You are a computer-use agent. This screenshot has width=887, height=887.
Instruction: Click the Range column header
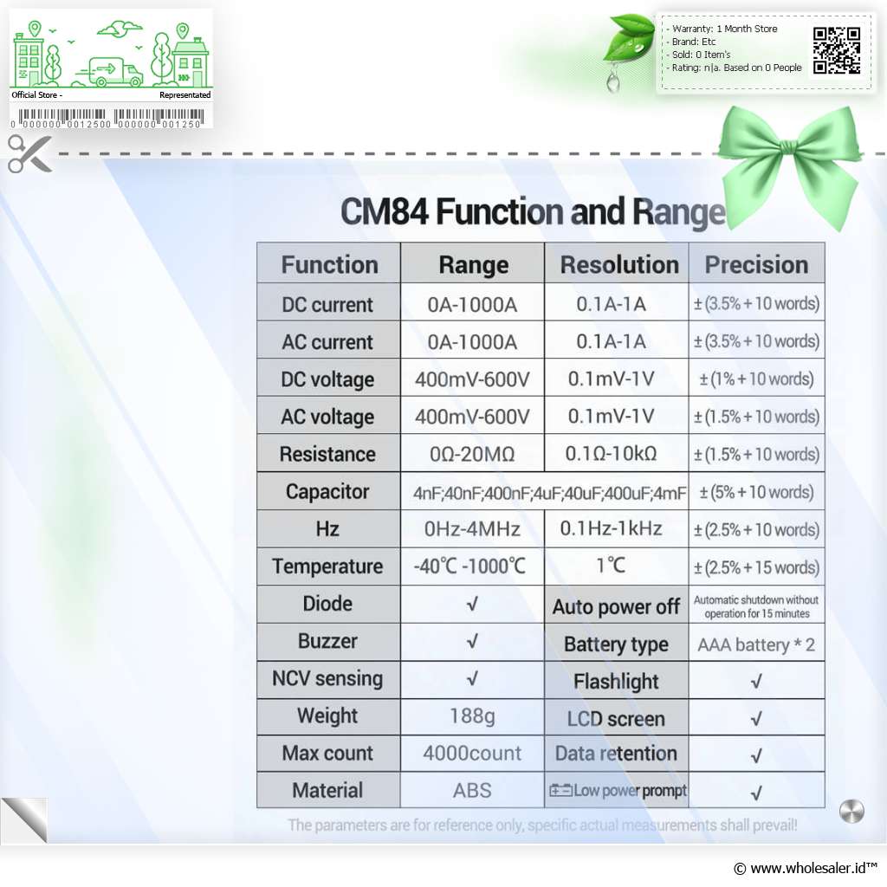pyautogui.click(x=474, y=265)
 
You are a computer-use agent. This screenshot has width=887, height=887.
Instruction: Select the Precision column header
pyautogui.click(x=756, y=265)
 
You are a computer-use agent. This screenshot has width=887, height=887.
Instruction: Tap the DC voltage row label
pyautogui.click(x=327, y=379)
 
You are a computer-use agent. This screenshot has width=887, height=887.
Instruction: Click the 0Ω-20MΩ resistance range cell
pyautogui.click(x=472, y=454)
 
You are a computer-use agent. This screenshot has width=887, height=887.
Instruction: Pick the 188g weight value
pyautogui.click(x=472, y=716)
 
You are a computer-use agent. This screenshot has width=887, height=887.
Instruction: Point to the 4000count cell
pyautogui.click(x=472, y=754)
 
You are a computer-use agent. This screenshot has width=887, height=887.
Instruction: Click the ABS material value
pyautogui.click(x=472, y=791)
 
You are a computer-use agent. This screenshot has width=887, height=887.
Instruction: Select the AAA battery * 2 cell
pyautogui.click(x=756, y=644)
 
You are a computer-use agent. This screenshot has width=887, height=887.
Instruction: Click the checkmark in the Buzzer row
pyautogui.click(x=472, y=642)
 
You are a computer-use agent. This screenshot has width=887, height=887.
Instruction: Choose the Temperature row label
pyautogui.click(x=327, y=567)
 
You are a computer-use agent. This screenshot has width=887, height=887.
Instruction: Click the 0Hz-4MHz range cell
pyautogui.click(x=472, y=529)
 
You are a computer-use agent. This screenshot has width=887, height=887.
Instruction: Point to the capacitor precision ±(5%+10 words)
pyautogui.click(x=756, y=492)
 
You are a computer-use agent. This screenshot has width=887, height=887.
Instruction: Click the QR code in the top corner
pyautogui.click(x=837, y=51)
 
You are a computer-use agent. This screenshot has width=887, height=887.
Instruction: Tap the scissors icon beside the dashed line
pyautogui.click(x=29, y=153)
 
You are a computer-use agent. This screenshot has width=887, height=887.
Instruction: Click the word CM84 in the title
pyautogui.click(x=385, y=212)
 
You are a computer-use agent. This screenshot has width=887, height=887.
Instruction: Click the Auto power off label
pyautogui.click(x=616, y=607)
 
